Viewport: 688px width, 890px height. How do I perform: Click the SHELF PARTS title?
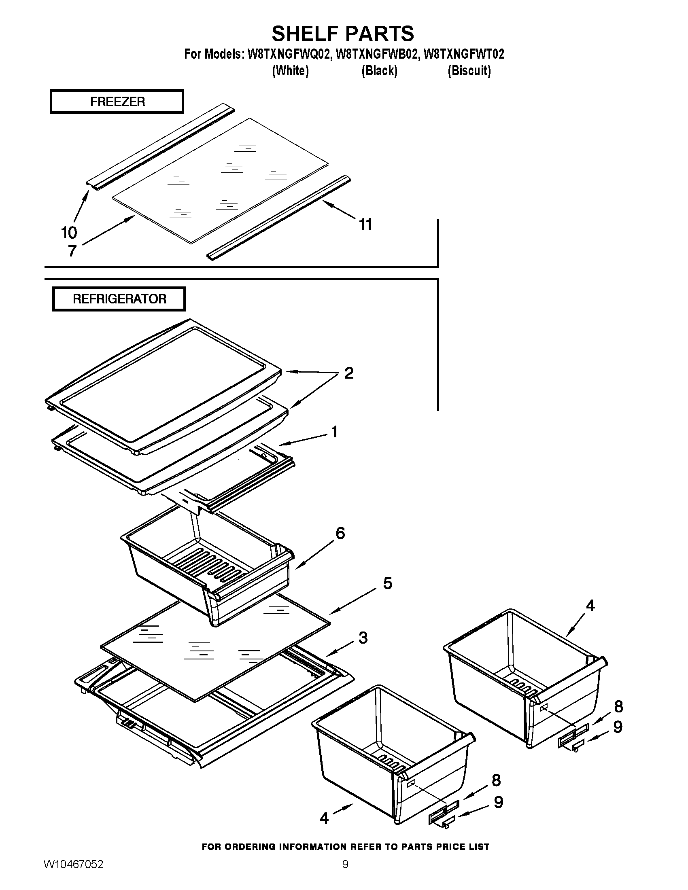(x=343, y=34)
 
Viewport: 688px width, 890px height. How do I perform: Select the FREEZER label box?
(x=117, y=102)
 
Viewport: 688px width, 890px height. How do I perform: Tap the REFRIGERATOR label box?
(x=119, y=299)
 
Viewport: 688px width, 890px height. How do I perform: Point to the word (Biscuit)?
(x=469, y=71)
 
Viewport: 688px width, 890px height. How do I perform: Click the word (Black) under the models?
(x=379, y=71)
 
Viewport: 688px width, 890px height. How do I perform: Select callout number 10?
(x=69, y=233)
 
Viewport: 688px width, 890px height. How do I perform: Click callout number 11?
(x=365, y=225)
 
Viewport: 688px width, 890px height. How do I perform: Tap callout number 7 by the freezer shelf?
(x=72, y=251)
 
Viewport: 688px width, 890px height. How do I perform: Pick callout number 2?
(x=349, y=373)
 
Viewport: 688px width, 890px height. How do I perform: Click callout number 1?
(x=334, y=432)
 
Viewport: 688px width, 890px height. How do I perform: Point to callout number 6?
(x=340, y=533)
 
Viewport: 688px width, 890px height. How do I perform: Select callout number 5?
(x=387, y=583)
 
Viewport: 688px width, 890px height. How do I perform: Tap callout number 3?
(x=363, y=638)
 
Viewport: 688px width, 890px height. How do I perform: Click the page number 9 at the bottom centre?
(x=345, y=873)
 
